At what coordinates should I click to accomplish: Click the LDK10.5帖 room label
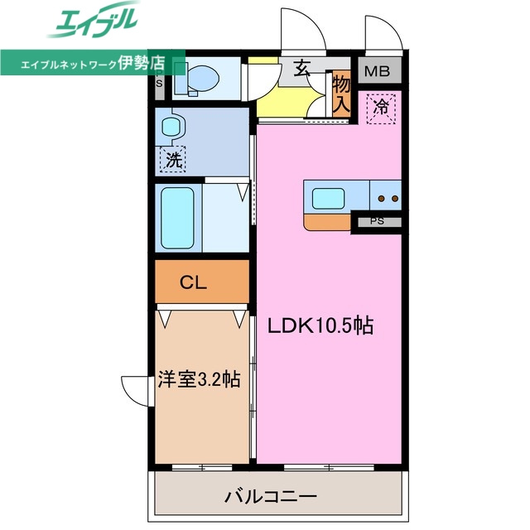pyautogui.click(x=320, y=325)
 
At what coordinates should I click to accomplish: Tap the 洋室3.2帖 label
pyautogui.click(x=199, y=379)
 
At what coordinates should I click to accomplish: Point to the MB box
pyautogui.click(x=379, y=71)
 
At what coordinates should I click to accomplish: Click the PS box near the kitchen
pyautogui.click(x=378, y=221)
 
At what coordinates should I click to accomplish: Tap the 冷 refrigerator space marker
pyautogui.click(x=382, y=107)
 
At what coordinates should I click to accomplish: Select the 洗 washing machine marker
pyautogui.click(x=172, y=159)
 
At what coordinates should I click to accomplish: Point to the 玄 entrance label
pyautogui.click(x=302, y=70)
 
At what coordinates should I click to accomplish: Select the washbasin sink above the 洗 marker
pyautogui.click(x=172, y=127)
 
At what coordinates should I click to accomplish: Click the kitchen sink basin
pyautogui.click(x=328, y=199)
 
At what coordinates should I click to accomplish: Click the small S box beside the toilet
pyautogui.click(x=159, y=83)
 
